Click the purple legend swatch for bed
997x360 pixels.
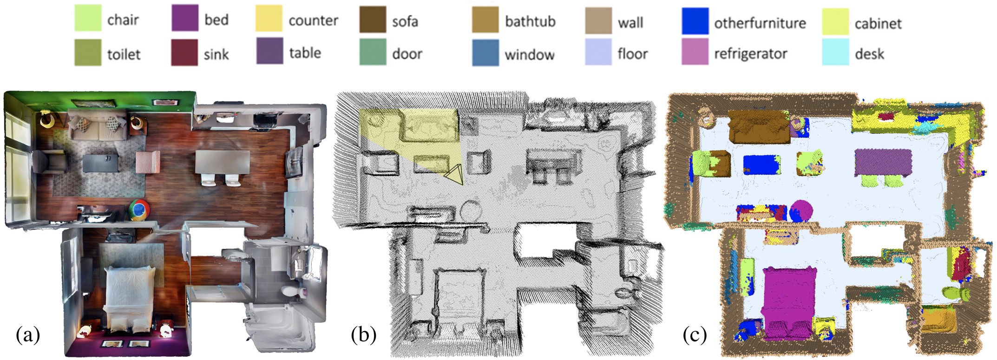(184, 19)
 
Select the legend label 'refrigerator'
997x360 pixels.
(750, 54)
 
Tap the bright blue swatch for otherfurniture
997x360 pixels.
(695, 21)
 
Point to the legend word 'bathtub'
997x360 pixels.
(530, 21)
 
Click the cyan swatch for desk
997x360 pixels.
(835, 52)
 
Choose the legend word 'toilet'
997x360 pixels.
(124, 54)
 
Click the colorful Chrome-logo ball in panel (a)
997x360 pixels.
(139, 209)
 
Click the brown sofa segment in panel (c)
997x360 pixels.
(759, 126)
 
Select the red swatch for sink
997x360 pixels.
(184, 52)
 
